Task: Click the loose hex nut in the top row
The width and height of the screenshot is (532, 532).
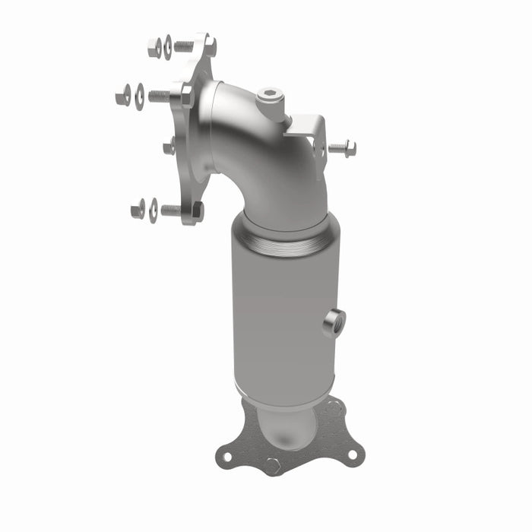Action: point(154,48)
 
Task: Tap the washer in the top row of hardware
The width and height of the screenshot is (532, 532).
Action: point(168,47)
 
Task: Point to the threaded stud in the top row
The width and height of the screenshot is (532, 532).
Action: point(184,46)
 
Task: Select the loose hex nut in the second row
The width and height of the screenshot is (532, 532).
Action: point(123,96)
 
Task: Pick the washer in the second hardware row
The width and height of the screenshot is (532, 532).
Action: point(140,97)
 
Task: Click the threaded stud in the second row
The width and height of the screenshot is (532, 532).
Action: point(159,96)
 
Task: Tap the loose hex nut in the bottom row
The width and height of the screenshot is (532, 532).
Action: point(138,208)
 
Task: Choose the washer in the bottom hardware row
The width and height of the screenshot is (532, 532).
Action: point(154,210)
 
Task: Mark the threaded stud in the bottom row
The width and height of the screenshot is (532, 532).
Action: point(171,211)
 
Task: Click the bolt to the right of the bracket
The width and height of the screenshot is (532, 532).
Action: point(341,147)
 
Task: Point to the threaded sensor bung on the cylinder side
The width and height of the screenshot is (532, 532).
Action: point(333,322)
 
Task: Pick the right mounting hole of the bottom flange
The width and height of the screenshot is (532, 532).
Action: point(352,454)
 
